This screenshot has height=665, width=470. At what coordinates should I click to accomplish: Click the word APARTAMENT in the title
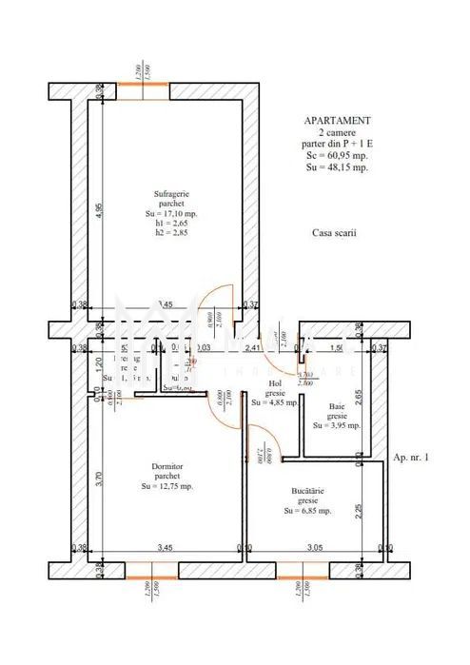(x=338, y=121)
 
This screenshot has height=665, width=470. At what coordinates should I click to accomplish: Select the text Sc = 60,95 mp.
(x=338, y=154)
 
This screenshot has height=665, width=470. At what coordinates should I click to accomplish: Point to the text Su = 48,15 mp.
(x=338, y=166)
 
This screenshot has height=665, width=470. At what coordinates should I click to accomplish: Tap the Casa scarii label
(x=333, y=232)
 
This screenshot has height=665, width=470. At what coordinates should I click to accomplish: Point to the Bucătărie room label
(x=307, y=491)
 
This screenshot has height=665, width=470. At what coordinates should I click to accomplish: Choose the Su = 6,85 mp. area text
(x=307, y=511)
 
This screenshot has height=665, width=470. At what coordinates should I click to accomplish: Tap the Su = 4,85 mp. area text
(x=276, y=401)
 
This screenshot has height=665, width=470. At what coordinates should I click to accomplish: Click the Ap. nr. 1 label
(x=411, y=458)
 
